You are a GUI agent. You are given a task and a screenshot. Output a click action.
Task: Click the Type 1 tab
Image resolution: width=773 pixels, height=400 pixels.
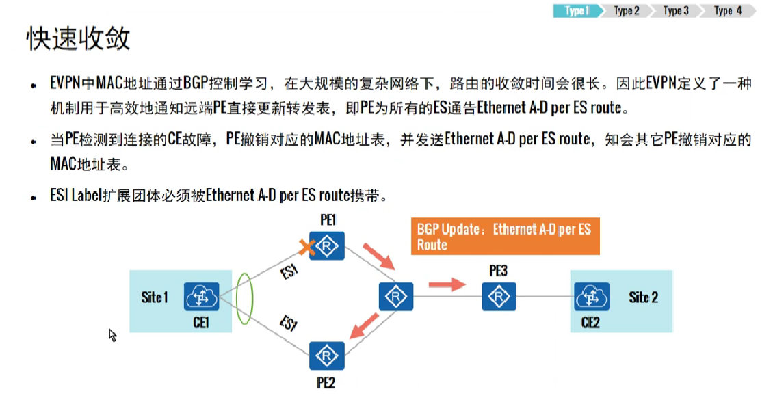click(x=577, y=11)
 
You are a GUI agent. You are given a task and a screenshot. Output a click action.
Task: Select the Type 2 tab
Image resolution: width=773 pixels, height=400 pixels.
click(x=626, y=11)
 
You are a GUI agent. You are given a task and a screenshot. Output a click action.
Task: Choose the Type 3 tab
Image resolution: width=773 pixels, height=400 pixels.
click(x=675, y=11)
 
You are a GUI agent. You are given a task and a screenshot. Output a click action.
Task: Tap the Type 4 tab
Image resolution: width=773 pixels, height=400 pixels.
click(x=728, y=11)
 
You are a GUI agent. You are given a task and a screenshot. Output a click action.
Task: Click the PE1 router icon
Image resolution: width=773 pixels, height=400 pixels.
click(x=326, y=245)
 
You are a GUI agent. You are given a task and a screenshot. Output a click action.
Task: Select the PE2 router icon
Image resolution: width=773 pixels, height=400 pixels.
click(x=326, y=355)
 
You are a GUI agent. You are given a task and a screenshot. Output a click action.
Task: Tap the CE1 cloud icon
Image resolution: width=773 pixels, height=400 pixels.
click(x=201, y=297)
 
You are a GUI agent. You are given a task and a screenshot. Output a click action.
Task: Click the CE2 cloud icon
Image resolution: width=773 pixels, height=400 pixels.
click(x=592, y=297)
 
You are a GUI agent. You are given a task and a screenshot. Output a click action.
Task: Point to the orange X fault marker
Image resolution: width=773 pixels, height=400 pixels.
click(x=306, y=248)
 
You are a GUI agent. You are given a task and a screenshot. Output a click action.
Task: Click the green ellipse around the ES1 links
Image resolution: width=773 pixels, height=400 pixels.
click(x=243, y=299)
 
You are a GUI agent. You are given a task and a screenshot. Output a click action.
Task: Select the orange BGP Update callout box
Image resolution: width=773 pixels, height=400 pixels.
click(x=505, y=237)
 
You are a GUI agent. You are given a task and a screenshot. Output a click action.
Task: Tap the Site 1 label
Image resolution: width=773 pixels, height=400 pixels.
click(x=155, y=297)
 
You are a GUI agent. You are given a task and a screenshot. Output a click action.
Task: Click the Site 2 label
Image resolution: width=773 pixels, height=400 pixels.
click(x=643, y=297)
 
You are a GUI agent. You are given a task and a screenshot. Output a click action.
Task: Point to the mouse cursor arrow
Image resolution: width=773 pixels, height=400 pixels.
click(x=112, y=334)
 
